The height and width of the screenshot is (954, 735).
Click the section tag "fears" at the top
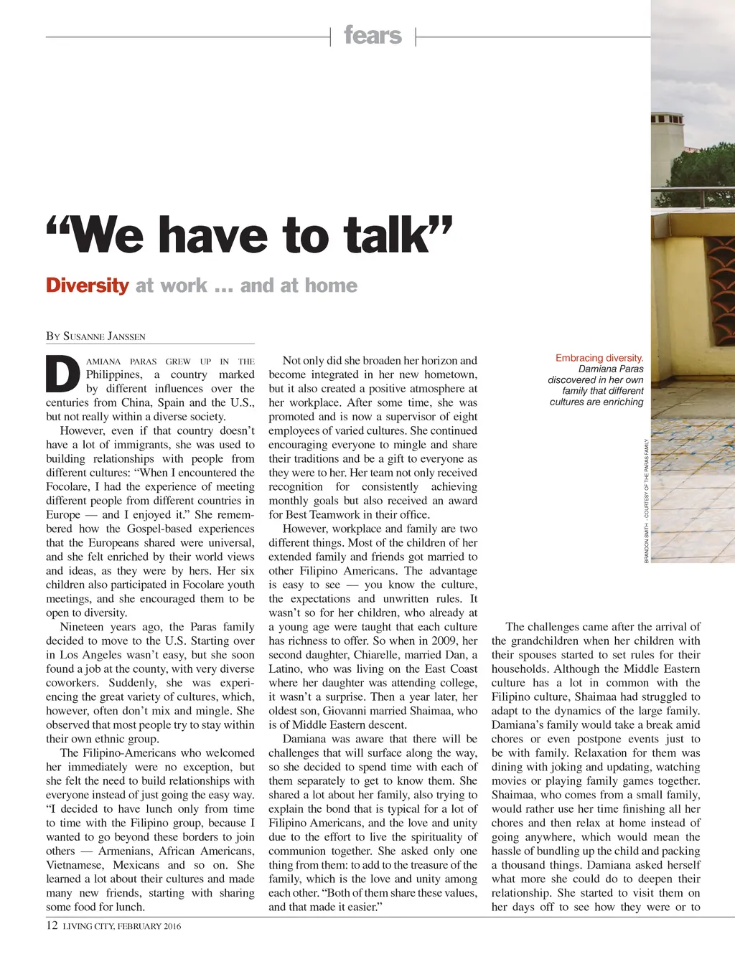click(x=373, y=35)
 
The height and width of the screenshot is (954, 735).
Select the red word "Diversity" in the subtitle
click(x=87, y=285)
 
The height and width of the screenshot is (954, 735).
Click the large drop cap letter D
click(x=62, y=374)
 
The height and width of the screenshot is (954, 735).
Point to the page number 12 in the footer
click(x=52, y=925)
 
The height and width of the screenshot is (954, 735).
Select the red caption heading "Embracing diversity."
click(x=599, y=358)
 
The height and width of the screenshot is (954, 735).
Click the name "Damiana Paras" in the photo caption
click(x=611, y=369)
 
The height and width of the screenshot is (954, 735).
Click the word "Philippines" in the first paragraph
click(x=114, y=374)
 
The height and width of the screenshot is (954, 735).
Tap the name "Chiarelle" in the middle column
click(x=378, y=655)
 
